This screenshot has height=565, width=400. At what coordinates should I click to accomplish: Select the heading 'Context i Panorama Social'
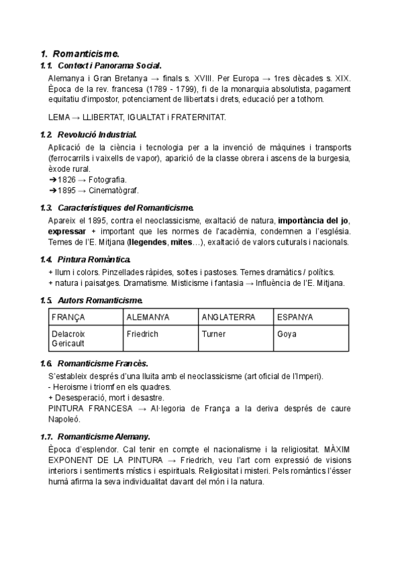(x=109, y=65)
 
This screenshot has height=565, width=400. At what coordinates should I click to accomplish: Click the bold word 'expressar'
(x=67, y=231)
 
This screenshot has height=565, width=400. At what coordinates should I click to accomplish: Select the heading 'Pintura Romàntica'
(x=94, y=259)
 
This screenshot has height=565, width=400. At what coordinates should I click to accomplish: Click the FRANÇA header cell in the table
(x=68, y=316)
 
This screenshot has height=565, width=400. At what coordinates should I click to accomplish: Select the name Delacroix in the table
(x=68, y=333)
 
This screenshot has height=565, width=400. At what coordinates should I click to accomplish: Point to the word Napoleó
(x=64, y=419)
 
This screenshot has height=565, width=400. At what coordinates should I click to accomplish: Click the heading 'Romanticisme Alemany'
(x=104, y=436)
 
